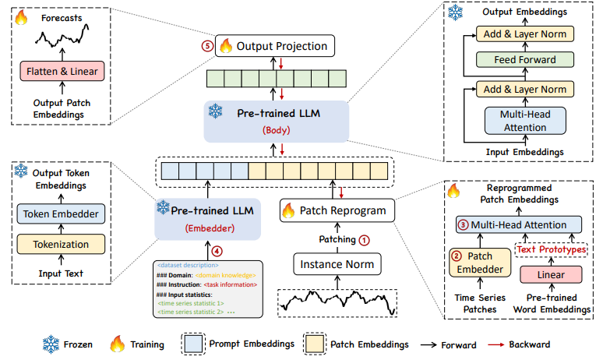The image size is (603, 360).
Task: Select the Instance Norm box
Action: click(337, 265)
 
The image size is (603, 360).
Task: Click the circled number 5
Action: click(206, 45)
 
